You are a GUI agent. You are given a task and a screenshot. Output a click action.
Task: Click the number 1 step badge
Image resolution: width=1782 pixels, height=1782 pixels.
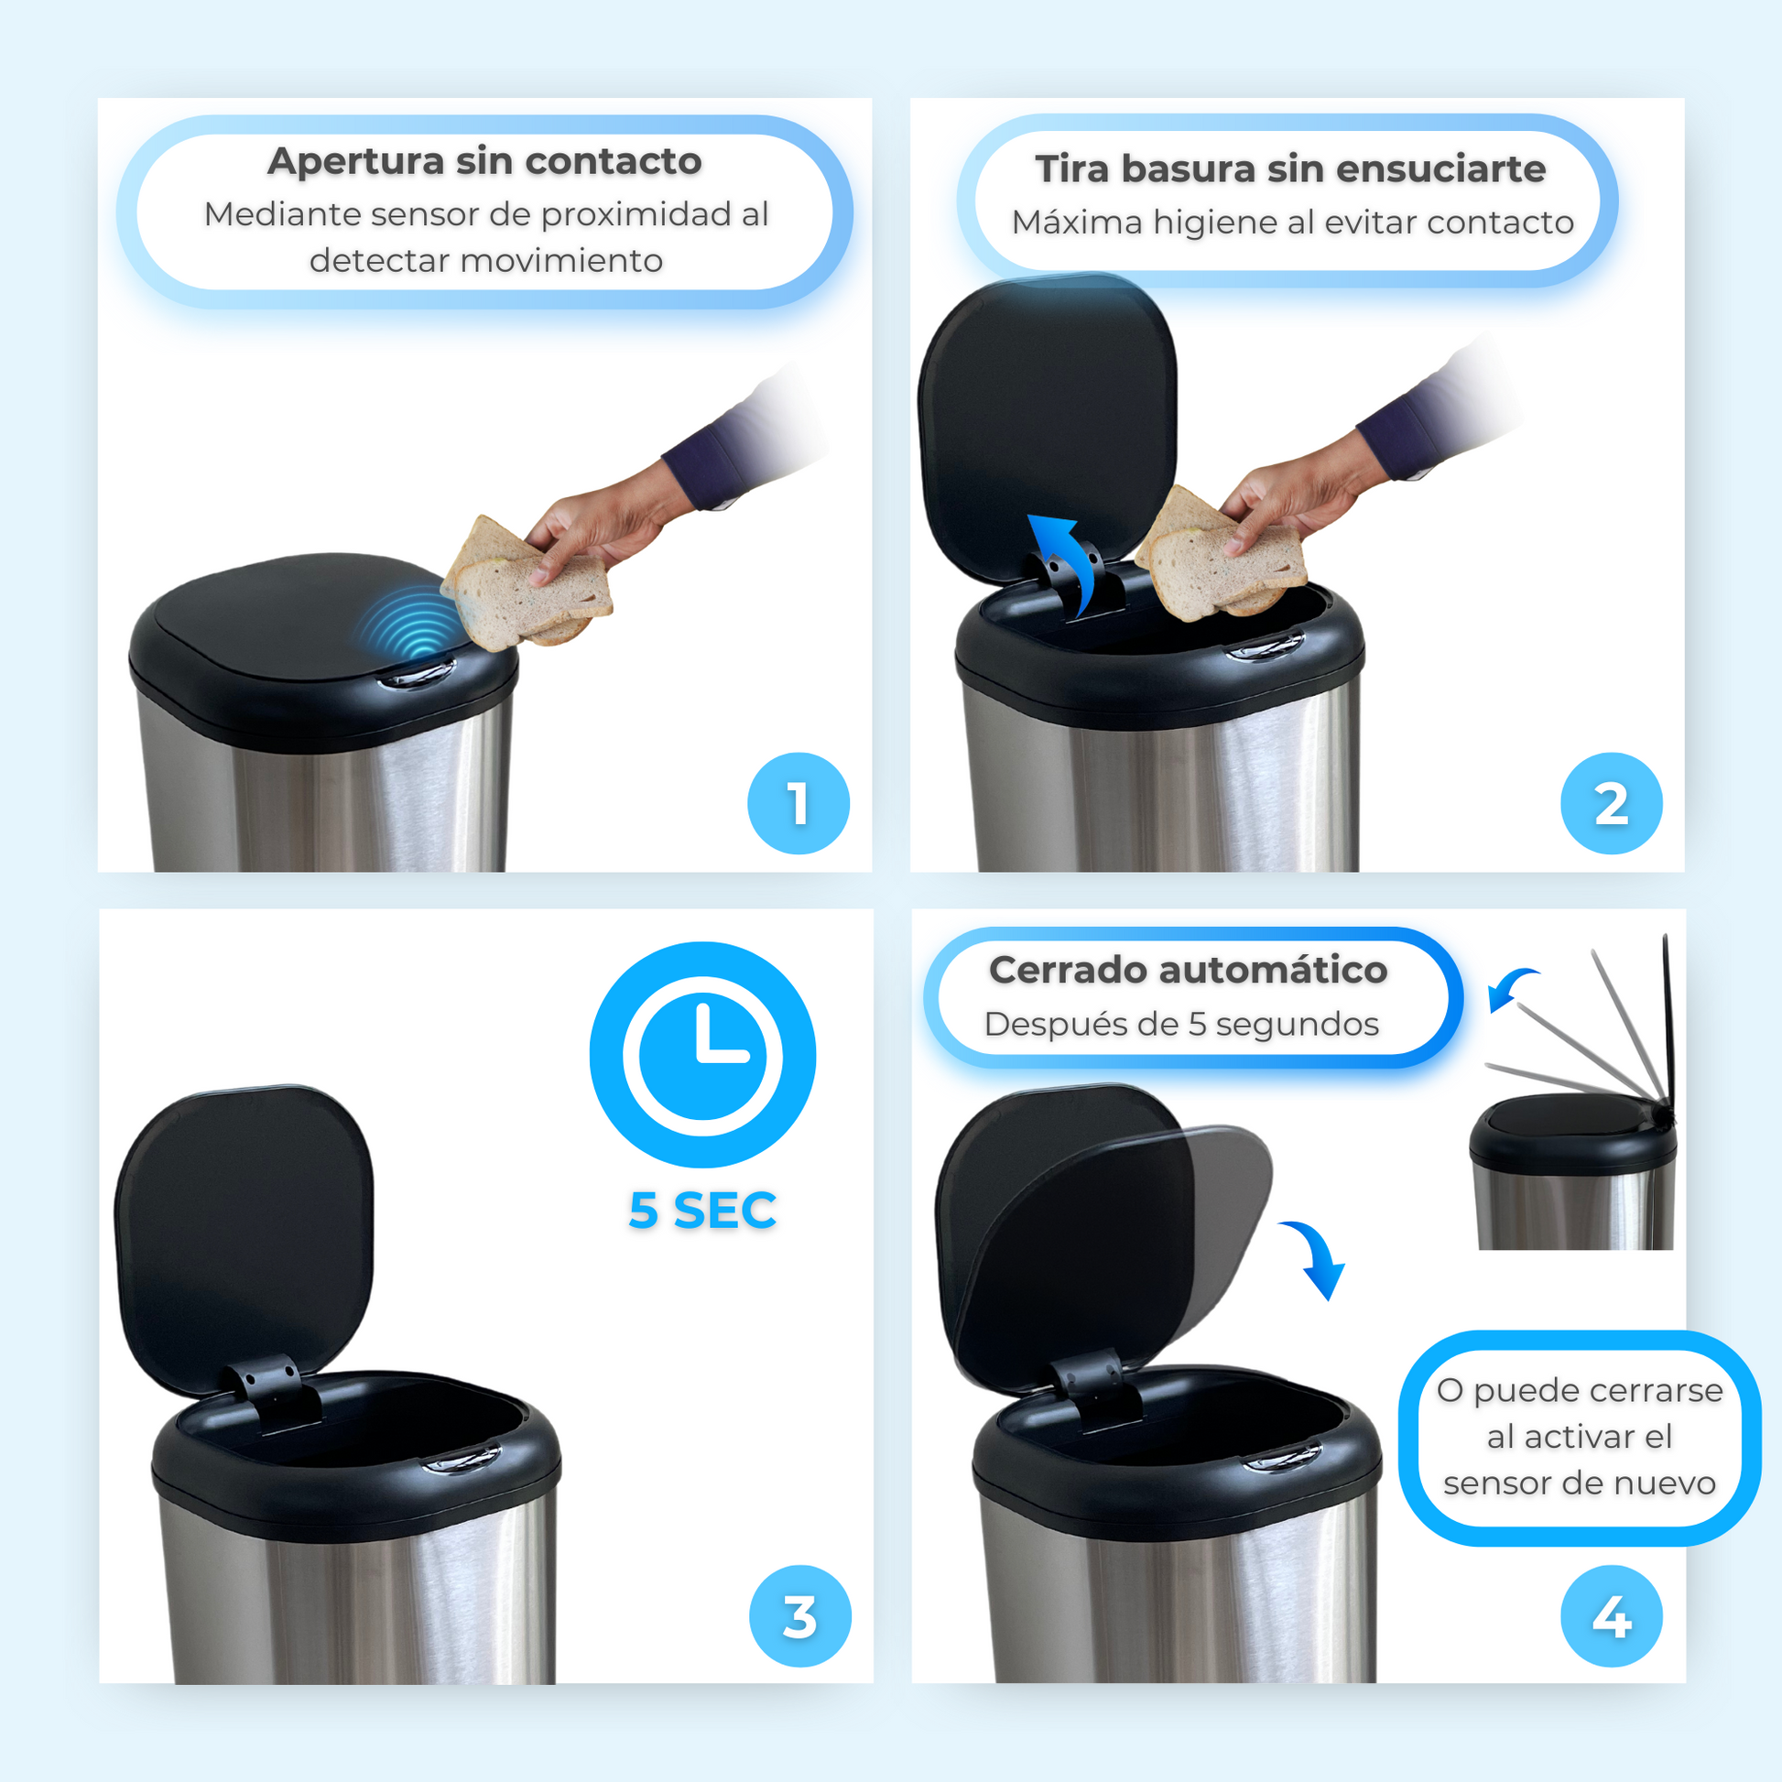point(798,803)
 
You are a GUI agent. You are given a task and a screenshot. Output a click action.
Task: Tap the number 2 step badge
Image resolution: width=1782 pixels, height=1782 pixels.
point(1612,803)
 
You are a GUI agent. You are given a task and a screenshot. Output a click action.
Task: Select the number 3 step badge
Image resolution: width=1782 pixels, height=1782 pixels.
point(799,1616)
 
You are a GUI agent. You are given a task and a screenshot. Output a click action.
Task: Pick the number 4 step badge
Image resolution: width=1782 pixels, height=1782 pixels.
point(1612,1616)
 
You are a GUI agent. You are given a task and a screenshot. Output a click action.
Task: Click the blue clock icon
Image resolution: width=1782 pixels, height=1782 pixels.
point(703,1054)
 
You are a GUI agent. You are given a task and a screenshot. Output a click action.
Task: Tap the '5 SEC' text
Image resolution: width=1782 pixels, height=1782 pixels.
point(703,1211)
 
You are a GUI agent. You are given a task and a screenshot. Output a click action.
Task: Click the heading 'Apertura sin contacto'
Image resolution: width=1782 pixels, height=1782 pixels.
point(485,161)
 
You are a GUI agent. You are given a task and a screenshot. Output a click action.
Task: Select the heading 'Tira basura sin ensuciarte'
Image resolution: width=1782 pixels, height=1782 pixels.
point(1290,168)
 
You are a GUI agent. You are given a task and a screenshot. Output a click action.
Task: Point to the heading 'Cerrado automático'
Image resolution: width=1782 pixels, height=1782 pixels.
point(1188,970)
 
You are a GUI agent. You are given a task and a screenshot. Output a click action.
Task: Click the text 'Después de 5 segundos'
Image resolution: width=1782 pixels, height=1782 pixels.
point(1181,1024)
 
